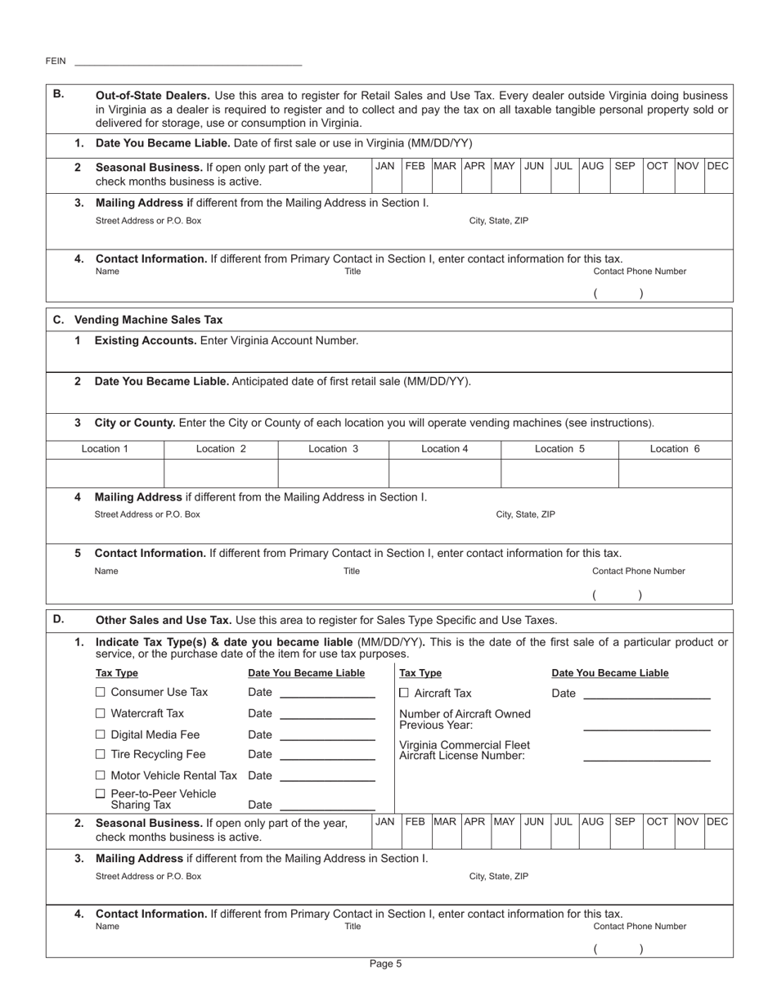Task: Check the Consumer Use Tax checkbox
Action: (x=101, y=693)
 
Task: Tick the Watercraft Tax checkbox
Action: (x=101, y=713)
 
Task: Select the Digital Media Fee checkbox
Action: (x=101, y=734)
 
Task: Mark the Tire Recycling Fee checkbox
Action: (x=101, y=754)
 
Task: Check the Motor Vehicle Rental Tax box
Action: (x=101, y=775)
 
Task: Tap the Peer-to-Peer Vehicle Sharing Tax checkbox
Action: (x=101, y=793)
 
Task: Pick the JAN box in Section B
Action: (x=384, y=166)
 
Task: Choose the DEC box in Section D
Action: (x=717, y=821)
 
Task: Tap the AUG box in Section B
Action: (x=593, y=166)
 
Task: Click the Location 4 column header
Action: (x=444, y=448)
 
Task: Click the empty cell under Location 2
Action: (x=222, y=472)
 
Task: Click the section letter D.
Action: (x=58, y=618)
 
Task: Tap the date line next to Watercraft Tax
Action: (x=326, y=715)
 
